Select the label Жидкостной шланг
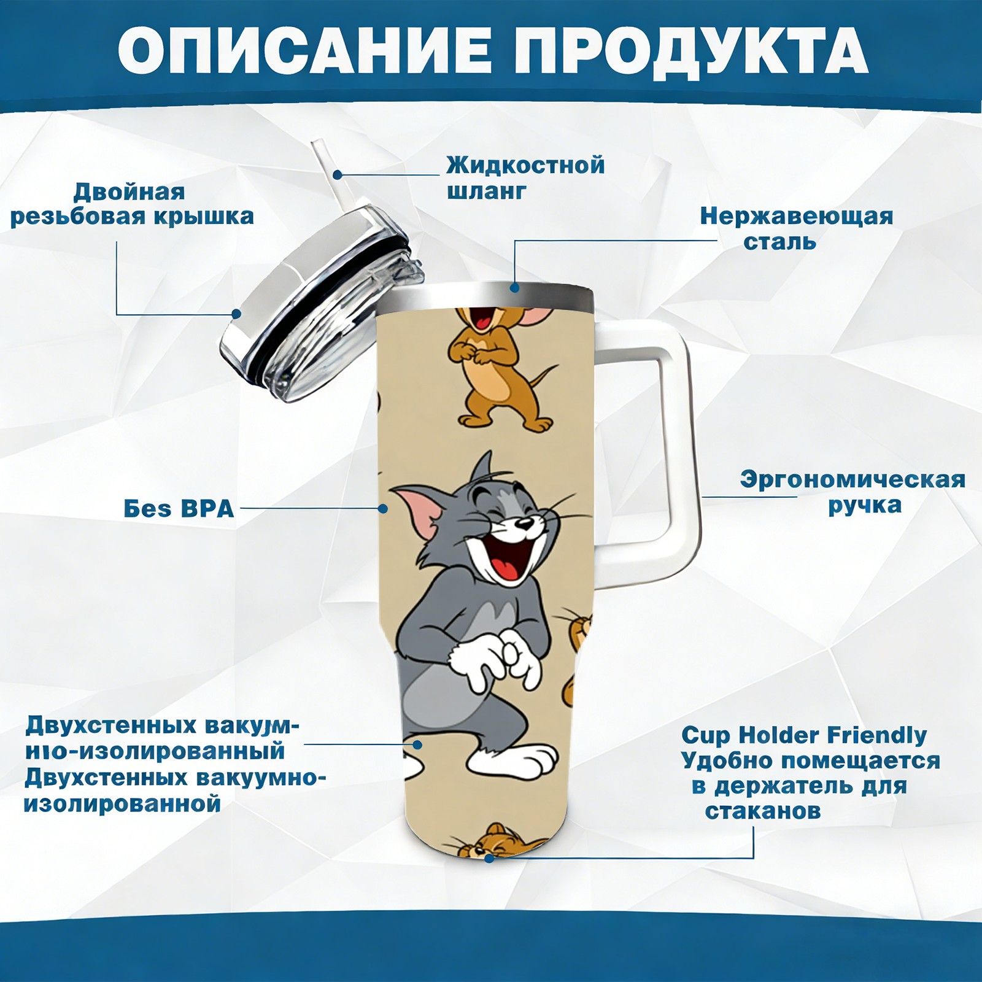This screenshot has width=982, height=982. click(525, 177)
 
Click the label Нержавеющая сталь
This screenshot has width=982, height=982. click(797, 228)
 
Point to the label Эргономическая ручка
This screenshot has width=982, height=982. click(852, 492)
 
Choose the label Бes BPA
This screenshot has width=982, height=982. click(179, 508)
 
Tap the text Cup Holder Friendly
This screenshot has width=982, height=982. click(804, 735)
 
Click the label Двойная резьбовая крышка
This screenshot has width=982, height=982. click(132, 204)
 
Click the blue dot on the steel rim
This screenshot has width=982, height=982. click(514, 287)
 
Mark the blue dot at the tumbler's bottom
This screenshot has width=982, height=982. click(489, 858)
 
